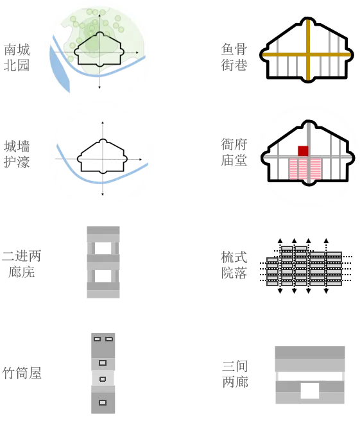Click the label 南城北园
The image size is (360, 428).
pyautogui.click(x=17, y=58)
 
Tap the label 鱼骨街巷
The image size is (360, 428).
pyautogui.click(x=234, y=57)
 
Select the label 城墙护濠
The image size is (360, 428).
pyautogui.click(x=17, y=154)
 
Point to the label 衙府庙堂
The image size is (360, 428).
pyautogui.click(x=234, y=152)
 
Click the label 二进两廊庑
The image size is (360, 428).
pyautogui.click(x=21, y=264)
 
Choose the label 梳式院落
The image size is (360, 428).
pyautogui.click(x=234, y=265)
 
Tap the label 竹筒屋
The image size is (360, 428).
pyautogui.click(x=22, y=373)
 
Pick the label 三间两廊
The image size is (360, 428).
pyautogui.click(x=236, y=374)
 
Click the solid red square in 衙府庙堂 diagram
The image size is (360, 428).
pyautogui.click(x=303, y=151)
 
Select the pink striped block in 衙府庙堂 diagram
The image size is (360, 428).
pyautogui.click(x=305, y=169)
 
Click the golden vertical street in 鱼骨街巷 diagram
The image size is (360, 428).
pyautogui.click(x=308, y=49)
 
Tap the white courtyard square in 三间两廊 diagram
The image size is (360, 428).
pyautogui.click(x=310, y=391)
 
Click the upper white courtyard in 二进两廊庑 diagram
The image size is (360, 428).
pyautogui.click(x=103, y=248)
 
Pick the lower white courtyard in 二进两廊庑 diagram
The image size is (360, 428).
pyautogui.click(x=103, y=276)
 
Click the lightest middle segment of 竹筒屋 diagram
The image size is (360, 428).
pyautogui.click(x=103, y=379)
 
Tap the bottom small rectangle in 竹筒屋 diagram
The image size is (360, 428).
pyautogui.click(x=103, y=402)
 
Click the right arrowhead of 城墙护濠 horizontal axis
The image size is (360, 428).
pyautogui.click(x=141, y=159)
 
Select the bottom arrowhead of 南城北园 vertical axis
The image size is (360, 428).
pyautogui.click(x=99, y=87)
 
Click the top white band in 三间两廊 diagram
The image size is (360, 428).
pyautogui.click(x=310, y=377)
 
